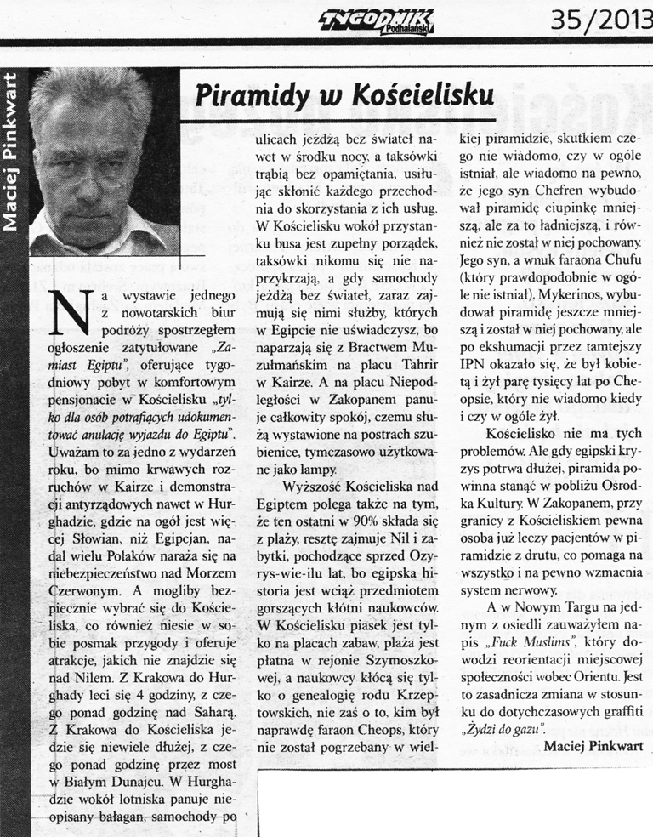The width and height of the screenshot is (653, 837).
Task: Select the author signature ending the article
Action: pos(592,746)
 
